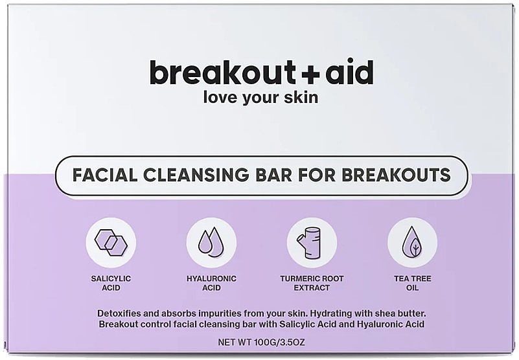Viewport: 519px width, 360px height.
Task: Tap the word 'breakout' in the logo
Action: click(x=222, y=71)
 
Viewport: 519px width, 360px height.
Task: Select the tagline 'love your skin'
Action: click(x=260, y=97)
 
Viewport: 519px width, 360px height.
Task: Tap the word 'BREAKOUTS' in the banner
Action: click(x=396, y=175)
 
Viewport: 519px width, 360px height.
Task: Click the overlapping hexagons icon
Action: click(x=111, y=243)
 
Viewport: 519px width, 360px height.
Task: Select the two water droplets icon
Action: click(x=211, y=243)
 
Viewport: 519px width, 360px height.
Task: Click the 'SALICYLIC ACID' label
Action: click(x=111, y=283)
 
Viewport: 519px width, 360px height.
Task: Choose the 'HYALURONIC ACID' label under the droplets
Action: click(x=211, y=283)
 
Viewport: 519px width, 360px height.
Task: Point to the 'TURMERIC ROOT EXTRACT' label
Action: click(x=312, y=283)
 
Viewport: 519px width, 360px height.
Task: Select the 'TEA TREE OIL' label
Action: click(x=413, y=283)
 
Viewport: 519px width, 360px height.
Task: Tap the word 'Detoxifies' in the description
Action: click(x=117, y=313)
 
